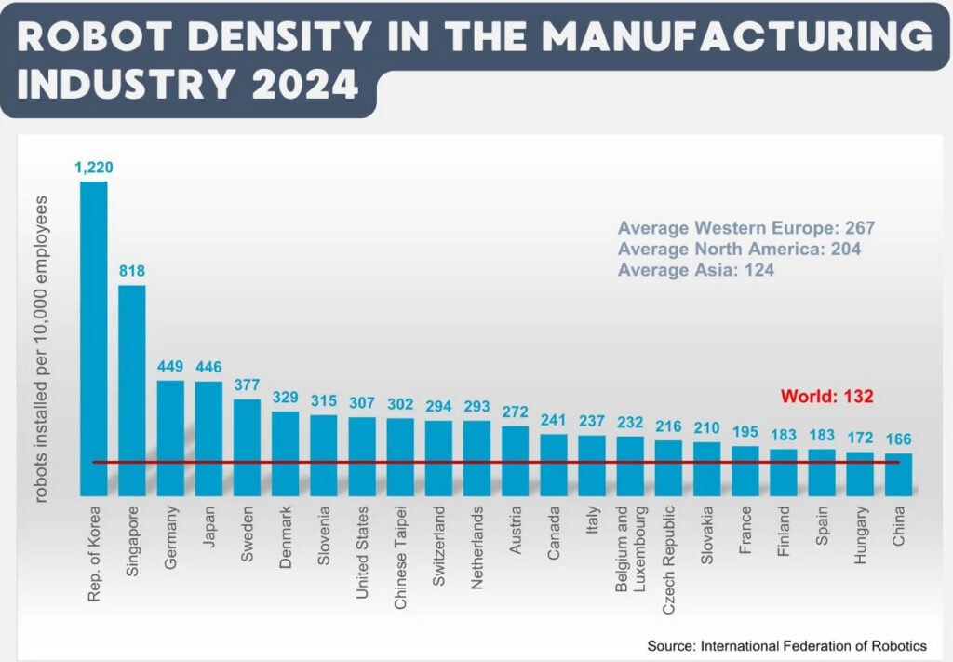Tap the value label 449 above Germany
coord(170,366)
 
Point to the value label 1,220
coord(94,168)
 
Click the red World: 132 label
coord(826,396)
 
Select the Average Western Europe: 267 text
coord(746,228)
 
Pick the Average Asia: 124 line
coord(696,270)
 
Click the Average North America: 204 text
coord(739,250)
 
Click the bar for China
coord(898,474)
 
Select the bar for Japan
coord(208,438)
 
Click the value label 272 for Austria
coord(515,411)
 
